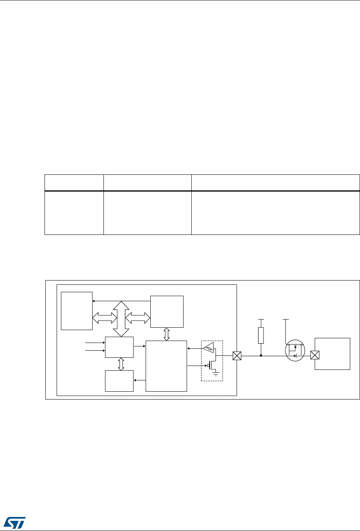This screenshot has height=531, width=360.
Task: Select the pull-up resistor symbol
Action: point(261,335)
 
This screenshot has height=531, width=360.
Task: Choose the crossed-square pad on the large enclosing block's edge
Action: point(237,356)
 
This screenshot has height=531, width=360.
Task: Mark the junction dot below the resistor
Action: point(261,356)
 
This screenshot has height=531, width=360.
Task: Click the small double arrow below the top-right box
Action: point(167,334)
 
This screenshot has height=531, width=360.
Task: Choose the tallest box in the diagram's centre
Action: point(166,366)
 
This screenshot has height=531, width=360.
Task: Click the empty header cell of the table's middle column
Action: point(147,183)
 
